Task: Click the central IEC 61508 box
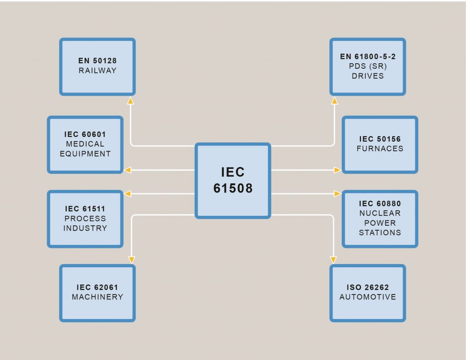(x=233, y=180)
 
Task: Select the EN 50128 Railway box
(x=97, y=66)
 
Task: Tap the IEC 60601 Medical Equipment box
(x=85, y=145)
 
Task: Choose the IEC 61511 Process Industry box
(x=85, y=219)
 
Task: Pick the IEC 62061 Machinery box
(x=97, y=293)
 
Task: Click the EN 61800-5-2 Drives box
(x=368, y=66)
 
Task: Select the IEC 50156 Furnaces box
(x=380, y=145)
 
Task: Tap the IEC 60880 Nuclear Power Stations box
(x=380, y=219)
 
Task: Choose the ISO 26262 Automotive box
(x=368, y=293)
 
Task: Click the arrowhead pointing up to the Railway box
(x=131, y=100)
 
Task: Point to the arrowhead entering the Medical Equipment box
(x=128, y=170)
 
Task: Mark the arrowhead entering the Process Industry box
(x=128, y=194)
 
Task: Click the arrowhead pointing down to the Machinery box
(x=132, y=260)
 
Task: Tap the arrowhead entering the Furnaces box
(x=337, y=170)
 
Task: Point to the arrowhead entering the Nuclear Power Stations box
(x=337, y=194)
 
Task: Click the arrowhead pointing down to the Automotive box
(x=334, y=260)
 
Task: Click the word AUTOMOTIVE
(x=368, y=297)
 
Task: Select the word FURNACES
(x=380, y=149)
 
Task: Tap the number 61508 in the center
(x=233, y=188)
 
